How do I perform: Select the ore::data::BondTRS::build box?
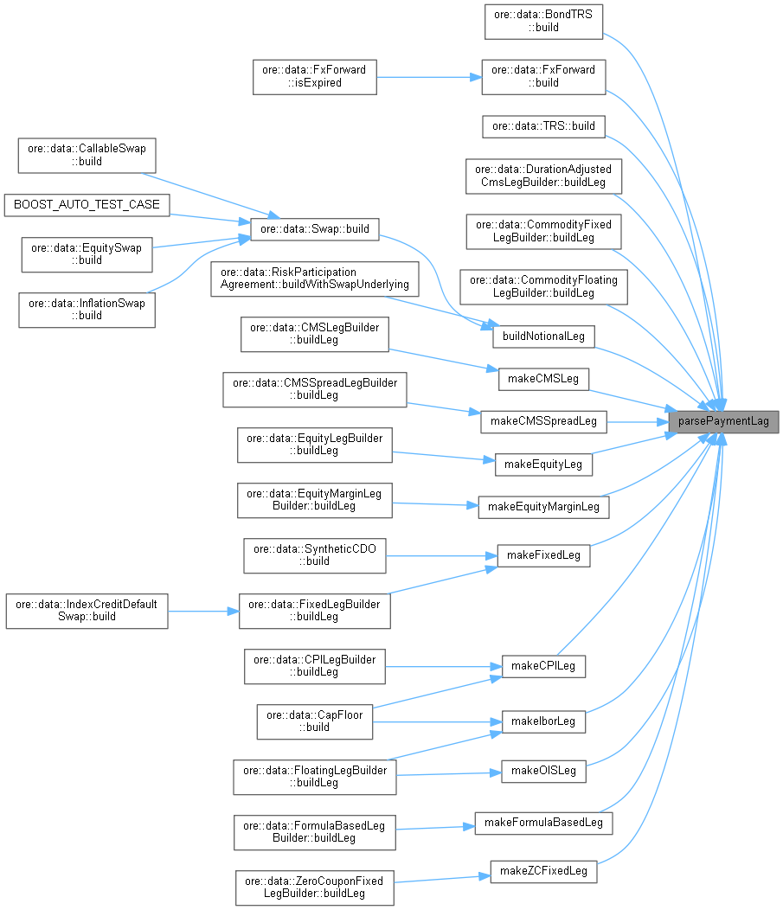pos(543,20)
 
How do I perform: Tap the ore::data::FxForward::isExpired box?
pos(315,76)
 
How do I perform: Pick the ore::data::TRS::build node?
pos(543,125)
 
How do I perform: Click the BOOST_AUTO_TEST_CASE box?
pos(87,205)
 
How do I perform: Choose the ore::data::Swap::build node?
pos(314,229)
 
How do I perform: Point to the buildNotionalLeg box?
pos(543,336)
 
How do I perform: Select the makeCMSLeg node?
pos(544,379)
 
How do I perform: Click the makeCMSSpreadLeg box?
pos(543,421)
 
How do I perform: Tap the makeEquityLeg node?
pos(543,465)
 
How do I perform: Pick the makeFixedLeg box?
pos(543,554)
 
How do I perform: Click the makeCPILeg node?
pos(544,666)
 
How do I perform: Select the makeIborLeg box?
pos(543,721)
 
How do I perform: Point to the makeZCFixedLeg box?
pos(543,870)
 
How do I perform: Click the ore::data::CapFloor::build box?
pos(315,721)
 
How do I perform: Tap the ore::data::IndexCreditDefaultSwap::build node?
pos(87,611)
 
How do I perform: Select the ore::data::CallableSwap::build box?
pos(87,155)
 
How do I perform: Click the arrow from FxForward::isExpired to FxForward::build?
pos(428,76)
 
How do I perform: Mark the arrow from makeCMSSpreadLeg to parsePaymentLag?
pos(637,421)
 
